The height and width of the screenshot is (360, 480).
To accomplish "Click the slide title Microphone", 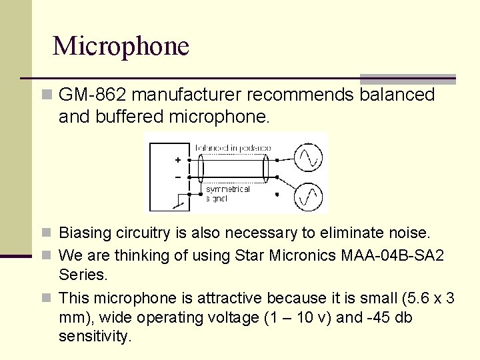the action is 121,46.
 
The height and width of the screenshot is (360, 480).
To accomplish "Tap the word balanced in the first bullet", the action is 397,95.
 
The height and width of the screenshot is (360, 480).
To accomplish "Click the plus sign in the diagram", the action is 177,160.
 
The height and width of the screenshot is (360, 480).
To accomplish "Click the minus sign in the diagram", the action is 177,177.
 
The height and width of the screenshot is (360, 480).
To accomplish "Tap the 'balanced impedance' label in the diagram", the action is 233,147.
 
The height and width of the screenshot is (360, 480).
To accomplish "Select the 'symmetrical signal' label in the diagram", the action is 227,193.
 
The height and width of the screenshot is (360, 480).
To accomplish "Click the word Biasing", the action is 81,233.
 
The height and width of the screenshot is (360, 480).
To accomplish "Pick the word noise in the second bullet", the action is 413,233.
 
